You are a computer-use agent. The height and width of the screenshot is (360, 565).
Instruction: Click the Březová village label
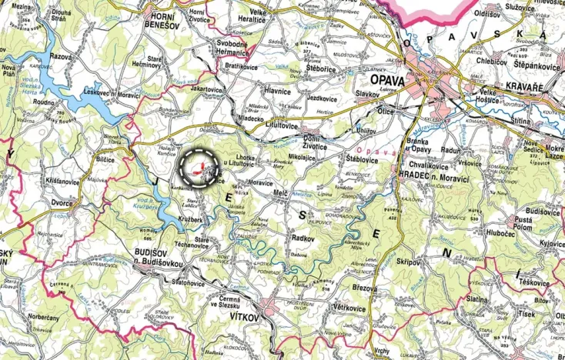pos(364,288)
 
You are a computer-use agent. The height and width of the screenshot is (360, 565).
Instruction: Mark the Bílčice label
pos(105,158)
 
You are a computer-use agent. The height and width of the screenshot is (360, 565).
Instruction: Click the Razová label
pos(61,57)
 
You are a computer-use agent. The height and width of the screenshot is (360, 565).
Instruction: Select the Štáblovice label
pos(362,159)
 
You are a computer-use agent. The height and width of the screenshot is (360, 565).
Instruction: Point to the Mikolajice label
pos(301,158)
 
